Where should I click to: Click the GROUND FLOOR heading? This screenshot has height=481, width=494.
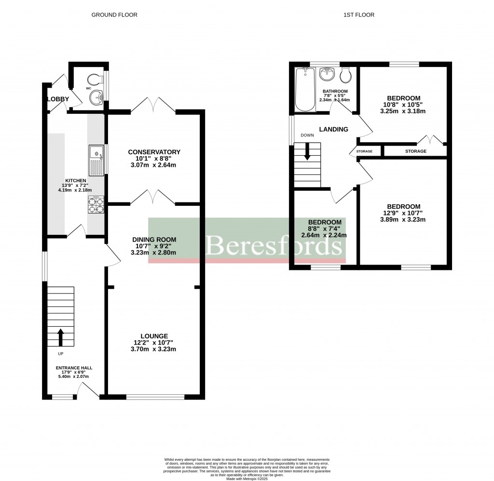pyautogui.click(x=114, y=15)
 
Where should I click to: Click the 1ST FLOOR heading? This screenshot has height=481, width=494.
pyautogui.click(x=358, y=15)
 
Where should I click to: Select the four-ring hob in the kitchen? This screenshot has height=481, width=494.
pyautogui.click(x=96, y=205)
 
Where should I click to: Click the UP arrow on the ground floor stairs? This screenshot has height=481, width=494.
pyautogui.click(x=61, y=337)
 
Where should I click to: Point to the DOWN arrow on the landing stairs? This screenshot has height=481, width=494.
pyautogui.click(x=307, y=153)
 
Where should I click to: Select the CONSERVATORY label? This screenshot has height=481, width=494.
pyautogui.click(x=154, y=152)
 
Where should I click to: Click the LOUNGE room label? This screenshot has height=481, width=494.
pyautogui.click(x=154, y=336)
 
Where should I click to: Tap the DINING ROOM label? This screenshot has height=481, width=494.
pyautogui.click(x=154, y=240)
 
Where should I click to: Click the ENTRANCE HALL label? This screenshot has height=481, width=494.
pyautogui.click(x=74, y=368)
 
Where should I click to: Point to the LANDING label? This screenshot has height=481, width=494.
pyautogui.click(x=333, y=129)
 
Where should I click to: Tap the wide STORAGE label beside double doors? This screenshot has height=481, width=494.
pyautogui.click(x=415, y=151)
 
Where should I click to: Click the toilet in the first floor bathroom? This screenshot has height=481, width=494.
pyautogui.click(x=346, y=76)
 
